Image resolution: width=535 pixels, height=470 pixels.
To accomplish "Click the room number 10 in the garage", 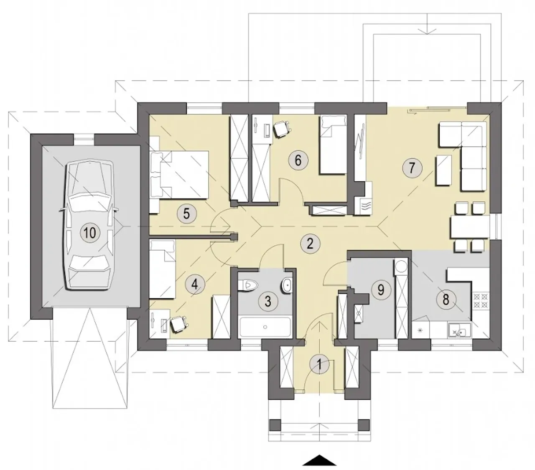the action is pos(90,233).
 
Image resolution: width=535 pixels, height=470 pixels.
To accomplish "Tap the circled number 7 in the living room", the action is pos(412,168).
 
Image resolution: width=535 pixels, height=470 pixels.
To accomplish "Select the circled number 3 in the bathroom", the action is pos(268,301).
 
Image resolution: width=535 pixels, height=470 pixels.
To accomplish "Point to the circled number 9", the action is pos(381,290).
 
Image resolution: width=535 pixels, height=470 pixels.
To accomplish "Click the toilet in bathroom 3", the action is pos(248,285).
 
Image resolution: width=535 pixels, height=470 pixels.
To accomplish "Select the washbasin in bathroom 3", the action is pos(286,285).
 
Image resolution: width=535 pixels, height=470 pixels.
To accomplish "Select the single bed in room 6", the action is pos(333,144).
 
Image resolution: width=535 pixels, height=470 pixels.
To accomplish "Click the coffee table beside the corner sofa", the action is pos(443,170).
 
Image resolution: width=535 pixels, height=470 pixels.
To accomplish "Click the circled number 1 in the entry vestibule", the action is pos(319,364).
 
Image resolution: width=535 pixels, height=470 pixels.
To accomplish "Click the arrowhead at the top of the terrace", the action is pos(427,30).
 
